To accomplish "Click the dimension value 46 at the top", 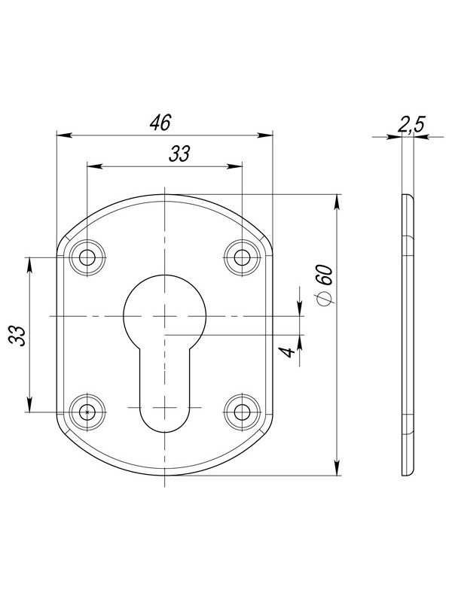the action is (x=160, y=123).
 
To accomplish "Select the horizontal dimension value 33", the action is (x=179, y=154).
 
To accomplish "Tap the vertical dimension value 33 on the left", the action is (x=17, y=336).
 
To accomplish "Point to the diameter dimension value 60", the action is (x=325, y=275).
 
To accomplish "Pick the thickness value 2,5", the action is (x=411, y=125).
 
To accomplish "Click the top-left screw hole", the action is (x=87, y=257).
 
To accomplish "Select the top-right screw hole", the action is (x=242, y=257).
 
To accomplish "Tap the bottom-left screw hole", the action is (x=87, y=412).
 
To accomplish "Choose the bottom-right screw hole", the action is (x=242, y=412).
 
